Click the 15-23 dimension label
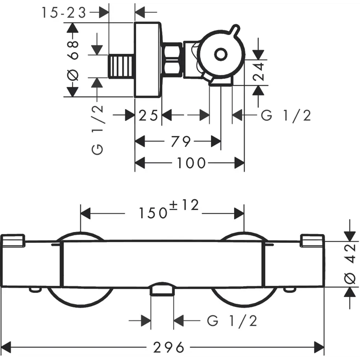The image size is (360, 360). coord(64,13)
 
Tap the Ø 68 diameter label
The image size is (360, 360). coord(73,60)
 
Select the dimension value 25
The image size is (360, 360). coord(148,115)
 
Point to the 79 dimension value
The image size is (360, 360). coord(181,141)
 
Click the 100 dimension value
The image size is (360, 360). coord(191,163)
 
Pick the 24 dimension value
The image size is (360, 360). coord(258,71)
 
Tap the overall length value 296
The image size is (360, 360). coord(168,347)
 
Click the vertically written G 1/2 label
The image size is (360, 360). coord(97,130)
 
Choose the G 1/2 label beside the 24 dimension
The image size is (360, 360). coord(286,115)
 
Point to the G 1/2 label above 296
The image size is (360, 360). coord(232,321)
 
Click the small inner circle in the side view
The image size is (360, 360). coord(221,55)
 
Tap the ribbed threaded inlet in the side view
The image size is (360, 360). coord(121,66)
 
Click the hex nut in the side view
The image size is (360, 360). coord(172,59)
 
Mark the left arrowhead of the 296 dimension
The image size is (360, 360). coord(6,347)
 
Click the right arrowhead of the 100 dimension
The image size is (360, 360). coord(239,163)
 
